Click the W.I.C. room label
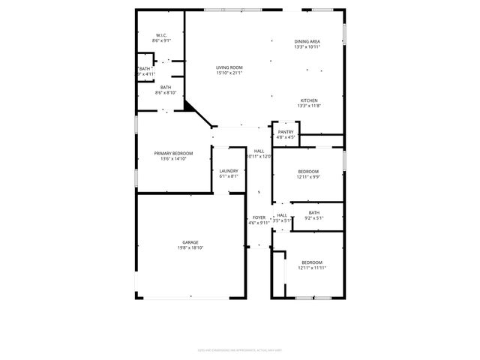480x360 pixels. tap(161, 35)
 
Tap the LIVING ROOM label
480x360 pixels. tap(229, 67)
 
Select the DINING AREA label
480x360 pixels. tap(307, 41)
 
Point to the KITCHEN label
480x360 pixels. tap(309, 100)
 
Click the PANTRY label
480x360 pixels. tap(286, 132)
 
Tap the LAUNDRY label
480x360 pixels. tap(229, 171)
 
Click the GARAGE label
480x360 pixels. tap(190, 242)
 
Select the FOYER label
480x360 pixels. tap(259, 217)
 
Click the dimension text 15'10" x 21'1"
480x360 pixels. tap(229, 73)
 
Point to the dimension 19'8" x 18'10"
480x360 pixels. tap(190, 247)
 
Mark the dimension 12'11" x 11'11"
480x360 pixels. tap(311, 268)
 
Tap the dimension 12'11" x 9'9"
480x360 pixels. tap(307, 176)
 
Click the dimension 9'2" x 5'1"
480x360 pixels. tap(314, 218)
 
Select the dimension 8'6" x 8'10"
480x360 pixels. tap(165, 92)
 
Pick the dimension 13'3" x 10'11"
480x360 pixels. tap(307, 46)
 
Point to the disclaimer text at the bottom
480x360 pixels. tap(240, 348)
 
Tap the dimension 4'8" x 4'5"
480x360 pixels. tap(286, 137)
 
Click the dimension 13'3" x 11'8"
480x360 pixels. tap(309, 106)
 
